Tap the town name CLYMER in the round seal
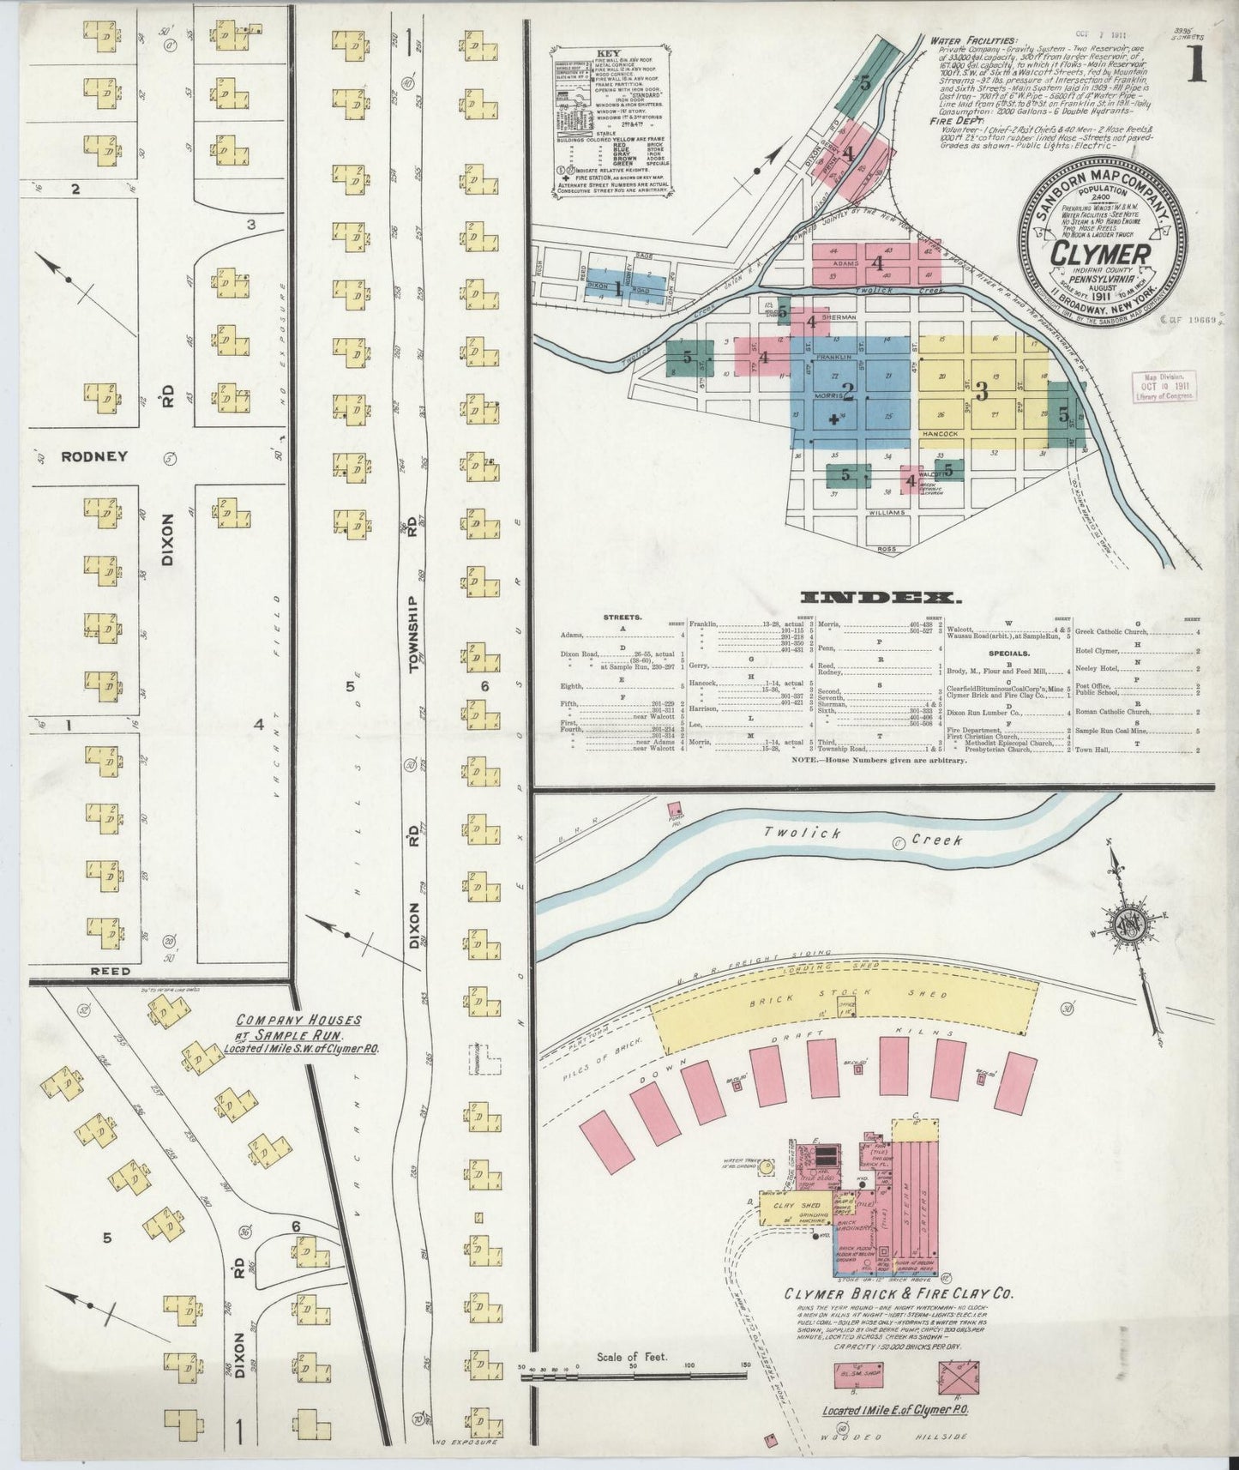pos(1100,255)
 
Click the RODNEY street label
pos(94,456)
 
